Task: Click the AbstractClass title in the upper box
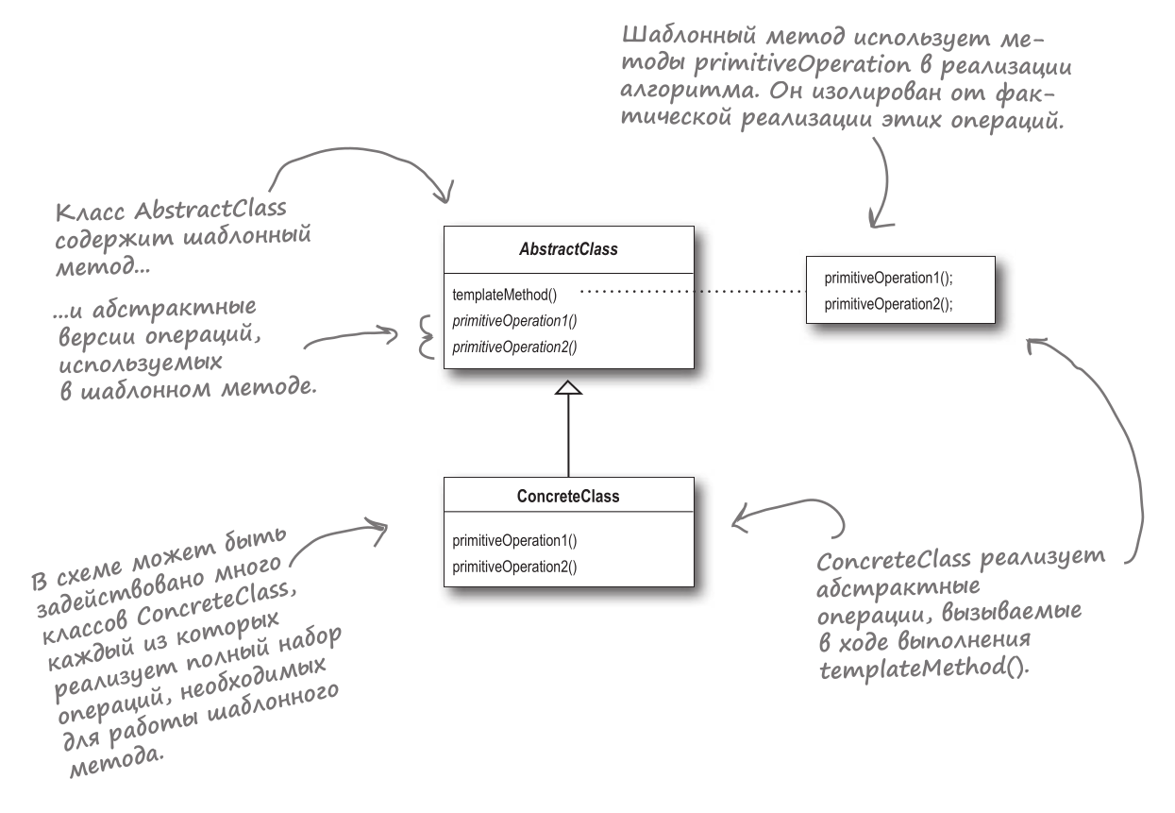568,250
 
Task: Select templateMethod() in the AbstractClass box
497,295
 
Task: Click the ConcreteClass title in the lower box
568,496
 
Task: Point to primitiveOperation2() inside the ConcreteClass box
514,567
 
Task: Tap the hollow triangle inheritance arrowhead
568,388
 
